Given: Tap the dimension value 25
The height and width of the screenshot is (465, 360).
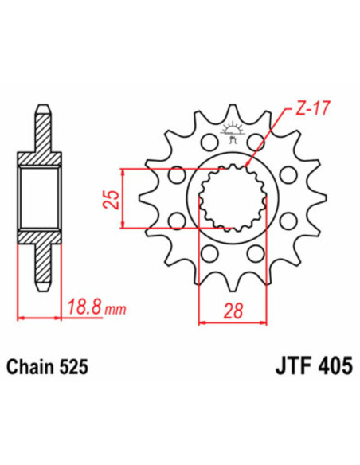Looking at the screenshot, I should [x=112, y=197].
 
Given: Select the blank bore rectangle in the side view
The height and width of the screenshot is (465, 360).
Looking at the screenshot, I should [x=41, y=199].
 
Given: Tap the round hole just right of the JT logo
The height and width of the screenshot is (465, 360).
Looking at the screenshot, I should [x=256, y=144].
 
